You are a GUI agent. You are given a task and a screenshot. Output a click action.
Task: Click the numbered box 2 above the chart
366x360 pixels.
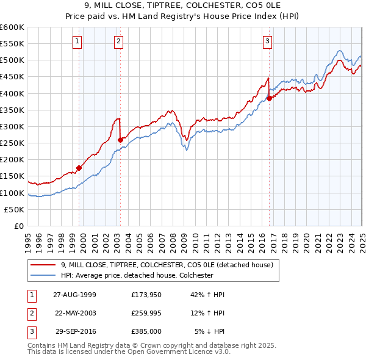coord(118,41)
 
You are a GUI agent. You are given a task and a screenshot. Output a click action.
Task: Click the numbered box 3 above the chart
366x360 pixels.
coord(267,41)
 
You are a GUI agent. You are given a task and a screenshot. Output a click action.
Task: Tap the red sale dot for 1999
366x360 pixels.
coord(79,168)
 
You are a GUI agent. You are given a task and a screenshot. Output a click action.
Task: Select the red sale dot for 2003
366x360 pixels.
coord(120,140)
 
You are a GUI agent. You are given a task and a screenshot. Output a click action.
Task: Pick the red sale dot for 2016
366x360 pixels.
coord(269,98)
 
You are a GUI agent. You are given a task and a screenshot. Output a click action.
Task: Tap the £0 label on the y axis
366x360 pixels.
coord(18,226)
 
